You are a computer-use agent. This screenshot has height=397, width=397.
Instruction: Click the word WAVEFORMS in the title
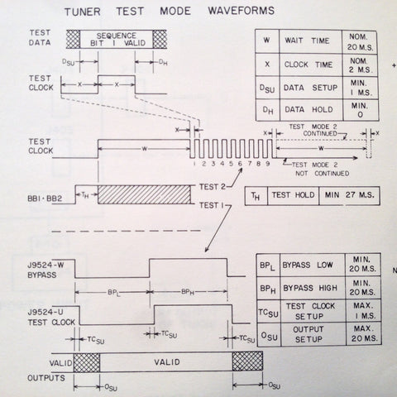click(x=242, y=11)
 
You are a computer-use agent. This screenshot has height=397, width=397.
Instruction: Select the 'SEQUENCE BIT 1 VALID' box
click(x=116, y=40)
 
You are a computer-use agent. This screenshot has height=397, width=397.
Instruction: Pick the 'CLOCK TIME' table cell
click(x=310, y=65)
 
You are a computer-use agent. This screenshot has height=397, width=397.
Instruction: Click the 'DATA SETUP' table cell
click(x=311, y=88)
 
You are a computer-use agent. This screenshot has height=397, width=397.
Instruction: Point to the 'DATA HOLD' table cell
click(x=311, y=110)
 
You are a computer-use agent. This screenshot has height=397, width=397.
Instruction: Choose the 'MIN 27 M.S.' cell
click(x=349, y=195)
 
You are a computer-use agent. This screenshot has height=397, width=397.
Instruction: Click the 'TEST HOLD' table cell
click(x=293, y=195)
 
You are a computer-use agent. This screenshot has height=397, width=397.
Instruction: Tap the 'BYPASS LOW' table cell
click(x=313, y=265)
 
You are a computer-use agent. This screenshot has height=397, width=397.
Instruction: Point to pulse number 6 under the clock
click(x=240, y=164)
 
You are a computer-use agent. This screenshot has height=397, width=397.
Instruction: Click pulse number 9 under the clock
click(x=267, y=164)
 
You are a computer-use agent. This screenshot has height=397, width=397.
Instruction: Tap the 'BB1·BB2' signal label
click(x=45, y=198)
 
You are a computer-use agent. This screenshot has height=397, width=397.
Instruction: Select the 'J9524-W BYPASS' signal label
click(x=45, y=270)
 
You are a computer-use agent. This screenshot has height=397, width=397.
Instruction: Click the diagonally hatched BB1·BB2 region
click(x=144, y=194)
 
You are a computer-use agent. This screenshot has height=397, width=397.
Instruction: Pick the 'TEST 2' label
click(x=213, y=187)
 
